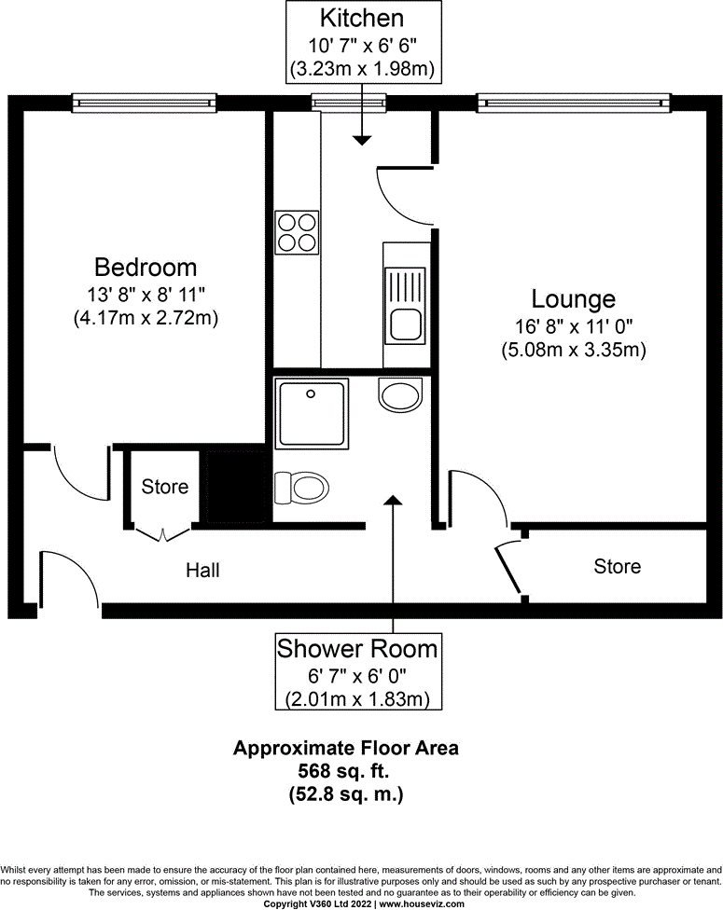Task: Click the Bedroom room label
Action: [x=146, y=268]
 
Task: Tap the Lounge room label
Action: [x=573, y=299]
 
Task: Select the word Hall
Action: [x=202, y=570]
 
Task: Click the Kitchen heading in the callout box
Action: [x=362, y=18]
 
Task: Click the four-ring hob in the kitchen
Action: [x=296, y=232]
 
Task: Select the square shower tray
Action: [x=311, y=411]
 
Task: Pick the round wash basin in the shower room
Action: [x=401, y=394]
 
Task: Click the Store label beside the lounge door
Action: [x=617, y=566]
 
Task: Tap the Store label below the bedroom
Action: [x=165, y=487]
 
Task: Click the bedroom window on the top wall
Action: [x=144, y=101]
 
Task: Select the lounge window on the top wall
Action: [x=573, y=101]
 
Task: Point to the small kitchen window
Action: [x=349, y=101]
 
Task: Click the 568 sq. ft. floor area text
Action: [x=345, y=771]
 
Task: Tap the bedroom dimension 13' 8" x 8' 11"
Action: [x=146, y=295]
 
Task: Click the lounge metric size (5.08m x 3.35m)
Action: [x=573, y=350]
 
